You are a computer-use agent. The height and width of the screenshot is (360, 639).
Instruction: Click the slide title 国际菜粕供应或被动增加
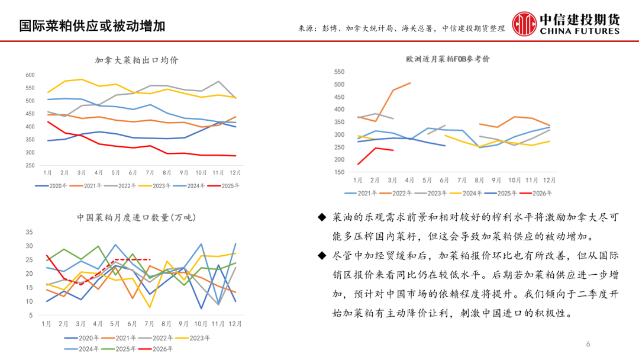coord(92,25)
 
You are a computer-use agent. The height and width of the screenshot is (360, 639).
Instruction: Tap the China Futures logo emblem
coord(524,24)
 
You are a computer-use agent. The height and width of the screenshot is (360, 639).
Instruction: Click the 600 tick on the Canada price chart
coord(30,75)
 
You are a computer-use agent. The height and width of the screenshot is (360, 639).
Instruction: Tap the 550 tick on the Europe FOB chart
coord(339,72)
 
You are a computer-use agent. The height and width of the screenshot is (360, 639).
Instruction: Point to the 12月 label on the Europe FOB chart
coord(548,180)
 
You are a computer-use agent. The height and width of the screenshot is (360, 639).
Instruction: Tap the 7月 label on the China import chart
coord(149,324)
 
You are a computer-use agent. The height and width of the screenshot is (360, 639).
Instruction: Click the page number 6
coord(588,344)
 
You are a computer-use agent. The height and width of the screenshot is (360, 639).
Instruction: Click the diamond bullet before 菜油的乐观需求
coord(321,218)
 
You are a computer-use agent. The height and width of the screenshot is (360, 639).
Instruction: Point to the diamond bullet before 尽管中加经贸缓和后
coord(321,256)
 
